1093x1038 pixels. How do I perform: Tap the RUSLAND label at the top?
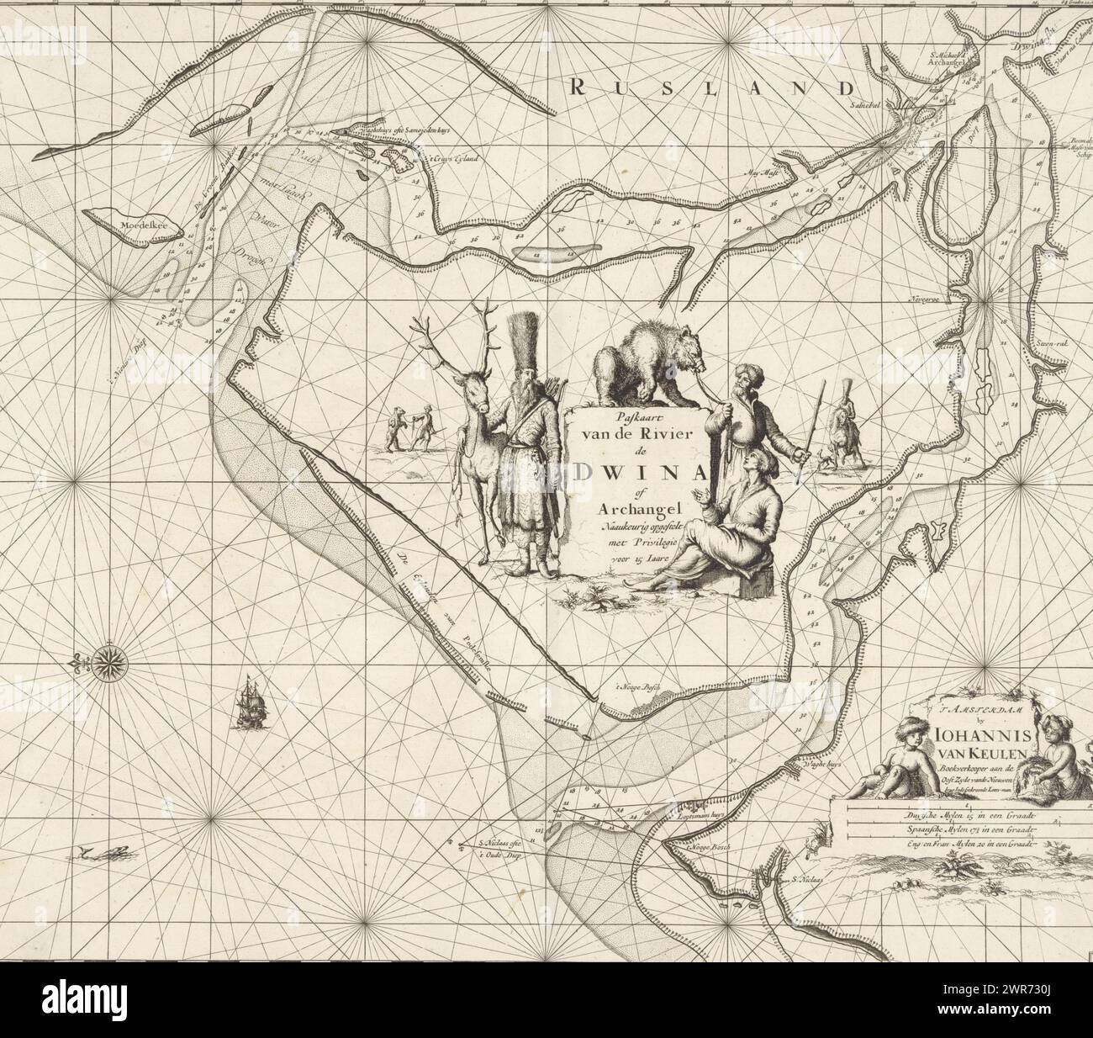pos(710,87)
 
